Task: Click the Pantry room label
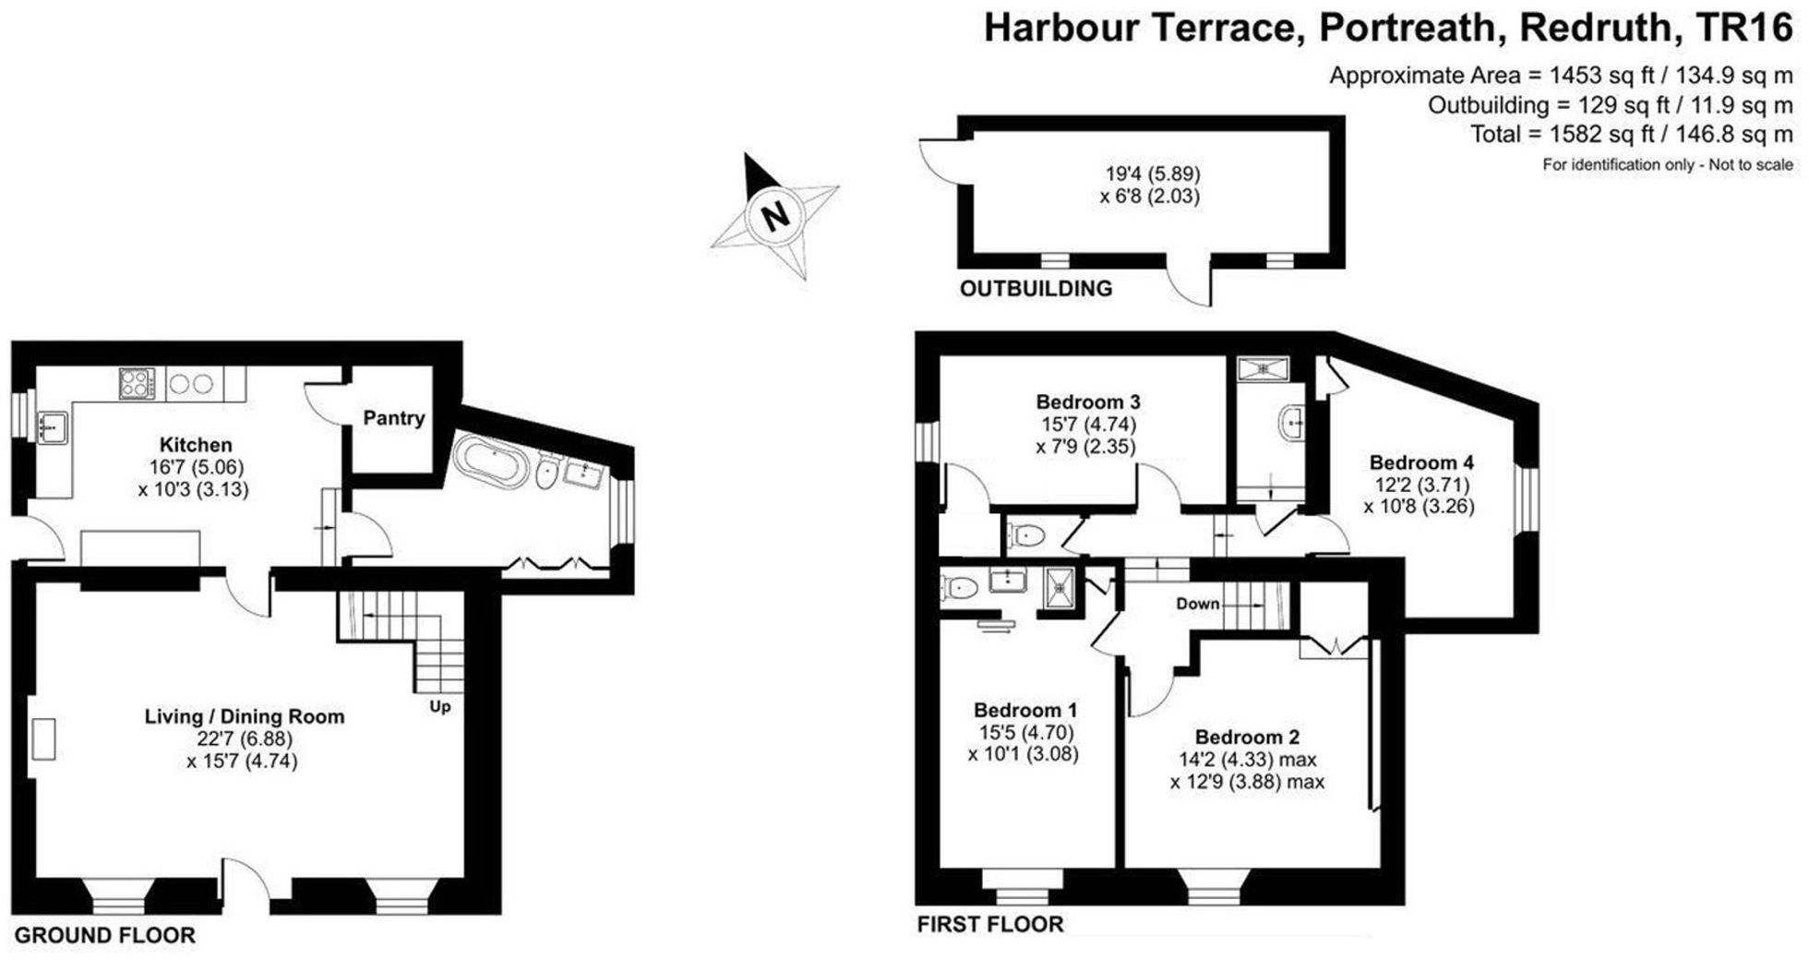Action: (394, 418)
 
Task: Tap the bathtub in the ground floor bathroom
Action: (486, 461)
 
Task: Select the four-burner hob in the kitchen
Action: (137, 383)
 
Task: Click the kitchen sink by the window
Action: (53, 428)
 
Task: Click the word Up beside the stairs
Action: (440, 706)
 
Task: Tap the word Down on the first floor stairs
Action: (1197, 604)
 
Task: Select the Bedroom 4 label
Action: (1421, 462)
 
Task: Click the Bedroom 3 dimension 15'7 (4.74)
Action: (1088, 425)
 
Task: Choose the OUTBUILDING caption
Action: (1036, 289)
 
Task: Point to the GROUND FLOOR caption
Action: (104, 935)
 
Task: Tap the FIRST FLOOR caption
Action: (989, 924)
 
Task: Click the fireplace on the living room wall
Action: (42, 739)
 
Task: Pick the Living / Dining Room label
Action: (245, 716)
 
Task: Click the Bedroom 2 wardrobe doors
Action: (1334, 647)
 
